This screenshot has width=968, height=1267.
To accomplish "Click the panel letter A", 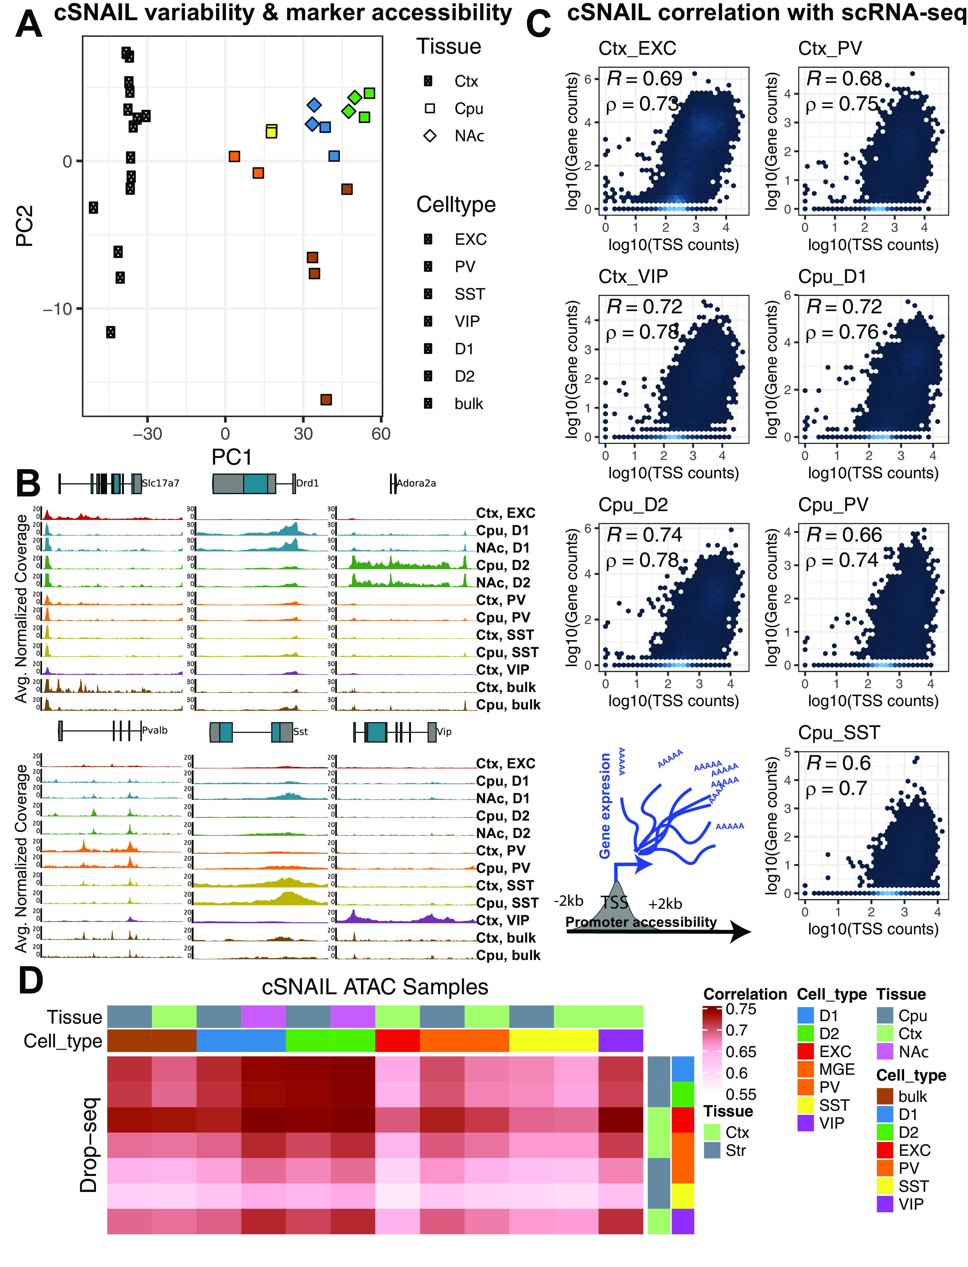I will pos(29,24).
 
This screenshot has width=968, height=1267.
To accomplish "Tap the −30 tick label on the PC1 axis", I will pos(147,434).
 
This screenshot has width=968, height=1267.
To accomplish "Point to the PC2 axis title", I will pos(24,226).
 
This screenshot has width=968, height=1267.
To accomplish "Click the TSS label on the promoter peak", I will pos(614,902).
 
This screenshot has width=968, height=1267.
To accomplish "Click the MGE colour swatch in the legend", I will pos(805,1069).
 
